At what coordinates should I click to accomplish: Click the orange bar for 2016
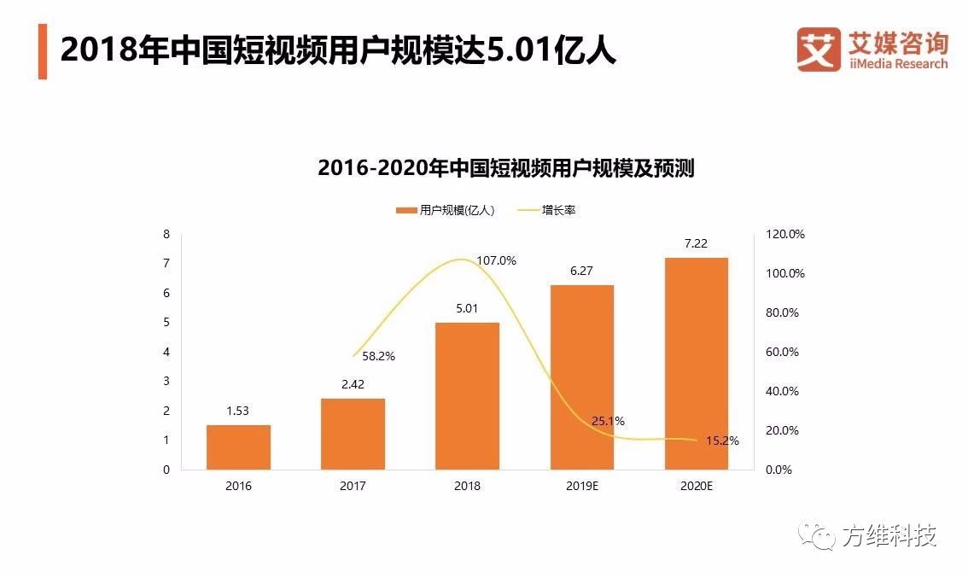tap(238, 447)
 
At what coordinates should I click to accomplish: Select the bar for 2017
tap(353, 434)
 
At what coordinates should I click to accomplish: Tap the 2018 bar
tap(467, 396)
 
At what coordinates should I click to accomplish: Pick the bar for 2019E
tap(581, 377)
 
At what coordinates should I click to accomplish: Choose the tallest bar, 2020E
tap(697, 364)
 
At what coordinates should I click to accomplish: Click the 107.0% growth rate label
tap(496, 261)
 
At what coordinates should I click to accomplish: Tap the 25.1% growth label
tap(608, 421)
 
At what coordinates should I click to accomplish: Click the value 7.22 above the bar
tap(696, 244)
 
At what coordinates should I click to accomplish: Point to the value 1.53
tap(238, 412)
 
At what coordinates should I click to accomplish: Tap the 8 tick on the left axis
tap(166, 234)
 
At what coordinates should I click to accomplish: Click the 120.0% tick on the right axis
tap(784, 234)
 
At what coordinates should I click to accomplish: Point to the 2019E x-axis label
tap(581, 486)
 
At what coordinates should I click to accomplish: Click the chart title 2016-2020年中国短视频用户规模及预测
tap(505, 168)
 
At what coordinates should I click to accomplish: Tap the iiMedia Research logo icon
tap(819, 50)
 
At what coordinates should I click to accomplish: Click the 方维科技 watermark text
tap(889, 536)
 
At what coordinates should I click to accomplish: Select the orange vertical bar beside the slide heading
tap(43, 52)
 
